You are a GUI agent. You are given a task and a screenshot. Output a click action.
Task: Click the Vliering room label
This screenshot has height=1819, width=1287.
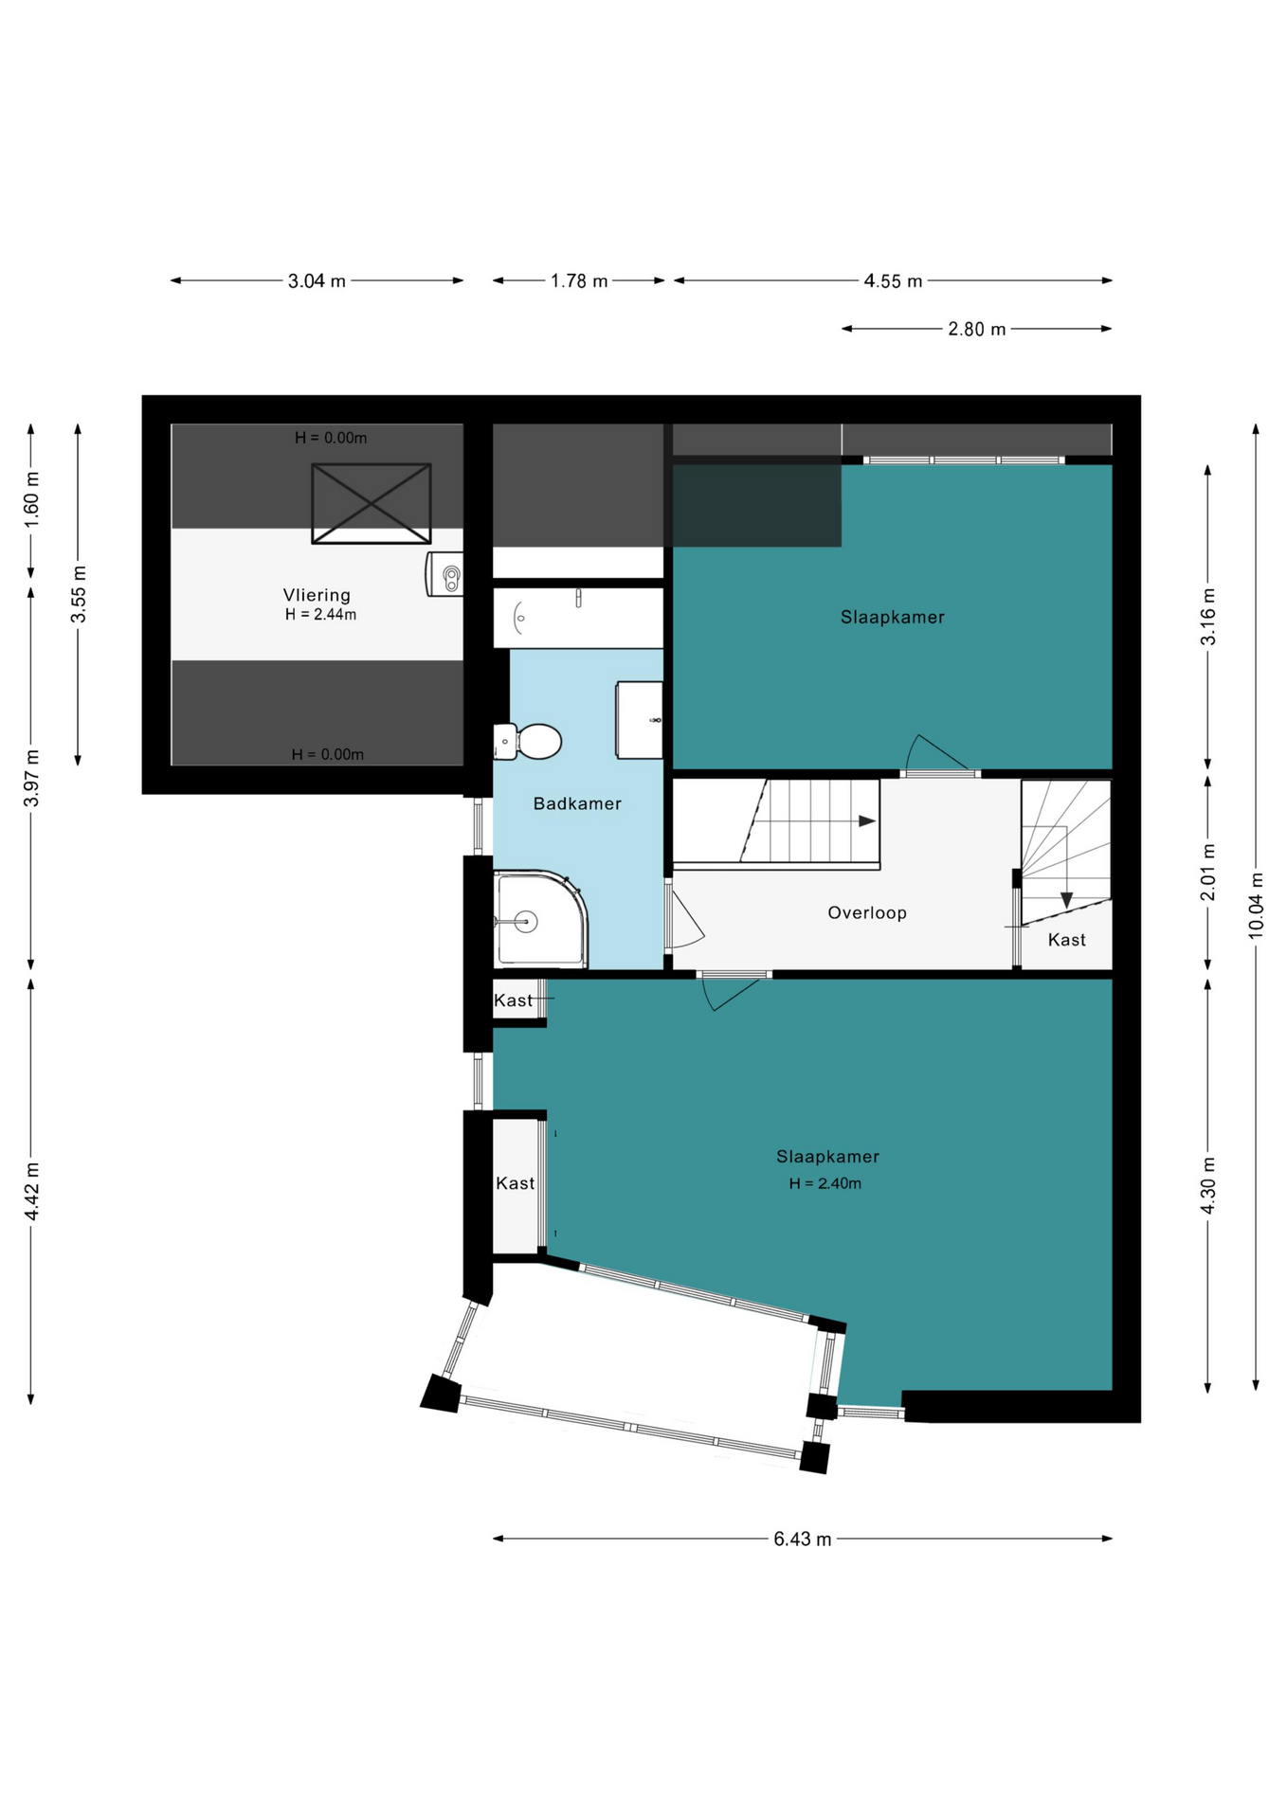317,595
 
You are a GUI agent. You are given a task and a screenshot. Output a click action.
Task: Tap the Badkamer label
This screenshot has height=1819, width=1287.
577,803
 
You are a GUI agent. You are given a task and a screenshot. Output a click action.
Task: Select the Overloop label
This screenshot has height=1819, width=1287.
867,912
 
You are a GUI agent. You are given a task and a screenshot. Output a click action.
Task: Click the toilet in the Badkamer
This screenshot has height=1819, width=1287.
528,742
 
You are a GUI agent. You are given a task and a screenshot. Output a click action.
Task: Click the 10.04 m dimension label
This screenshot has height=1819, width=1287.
1256,904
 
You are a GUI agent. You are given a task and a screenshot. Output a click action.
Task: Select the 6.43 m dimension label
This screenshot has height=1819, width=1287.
803,1539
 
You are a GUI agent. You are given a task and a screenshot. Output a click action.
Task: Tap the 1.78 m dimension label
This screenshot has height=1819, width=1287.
579,280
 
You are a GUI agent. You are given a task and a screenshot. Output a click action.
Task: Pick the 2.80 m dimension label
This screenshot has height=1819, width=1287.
977,329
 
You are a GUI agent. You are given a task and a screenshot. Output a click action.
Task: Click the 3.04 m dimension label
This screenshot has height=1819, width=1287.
317,280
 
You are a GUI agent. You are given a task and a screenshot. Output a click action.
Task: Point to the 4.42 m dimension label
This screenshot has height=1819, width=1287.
31,1191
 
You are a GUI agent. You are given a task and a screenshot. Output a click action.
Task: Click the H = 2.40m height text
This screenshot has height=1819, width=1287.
825,1183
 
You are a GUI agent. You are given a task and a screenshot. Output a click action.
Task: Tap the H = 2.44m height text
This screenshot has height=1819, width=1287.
321,614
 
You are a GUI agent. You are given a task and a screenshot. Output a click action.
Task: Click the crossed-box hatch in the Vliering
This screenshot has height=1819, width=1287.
372,503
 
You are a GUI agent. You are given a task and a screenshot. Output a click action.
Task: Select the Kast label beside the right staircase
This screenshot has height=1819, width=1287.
1067,940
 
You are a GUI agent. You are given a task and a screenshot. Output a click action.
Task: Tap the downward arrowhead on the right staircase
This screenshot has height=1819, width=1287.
1066,900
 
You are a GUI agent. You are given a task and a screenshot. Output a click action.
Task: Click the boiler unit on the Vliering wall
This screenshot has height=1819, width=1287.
444,574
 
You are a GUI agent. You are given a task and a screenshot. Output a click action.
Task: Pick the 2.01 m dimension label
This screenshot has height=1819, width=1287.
1207,872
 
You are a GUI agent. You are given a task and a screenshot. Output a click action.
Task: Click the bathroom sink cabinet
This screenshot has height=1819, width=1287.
640,720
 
